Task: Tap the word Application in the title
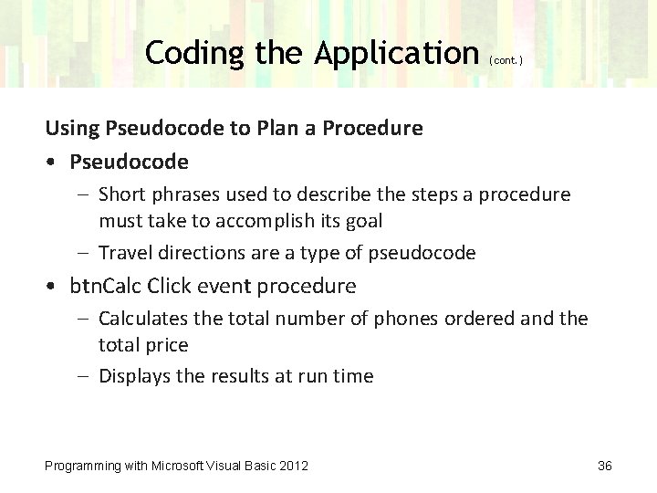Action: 397,53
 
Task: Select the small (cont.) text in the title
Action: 506,60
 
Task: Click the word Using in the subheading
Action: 73,129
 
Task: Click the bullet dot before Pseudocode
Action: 54,163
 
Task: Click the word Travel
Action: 125,253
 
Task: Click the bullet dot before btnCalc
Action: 54,287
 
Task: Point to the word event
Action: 224,287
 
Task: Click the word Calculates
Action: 143,319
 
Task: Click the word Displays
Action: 133,376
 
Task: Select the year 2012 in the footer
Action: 293,466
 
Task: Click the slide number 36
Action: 604,466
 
